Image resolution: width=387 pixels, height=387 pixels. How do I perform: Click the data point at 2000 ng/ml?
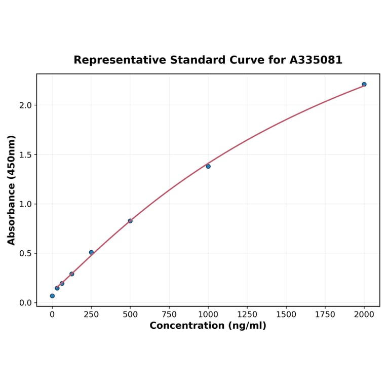(364, 85)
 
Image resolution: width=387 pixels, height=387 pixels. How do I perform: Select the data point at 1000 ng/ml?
(208, 166)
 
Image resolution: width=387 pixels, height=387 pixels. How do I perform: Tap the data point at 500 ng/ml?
(130, 221)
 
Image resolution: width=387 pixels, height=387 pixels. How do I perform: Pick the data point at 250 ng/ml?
(91, 252)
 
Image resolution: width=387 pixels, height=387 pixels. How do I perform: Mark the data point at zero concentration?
(52, 296)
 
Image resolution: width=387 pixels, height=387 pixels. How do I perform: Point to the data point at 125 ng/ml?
(72, 274)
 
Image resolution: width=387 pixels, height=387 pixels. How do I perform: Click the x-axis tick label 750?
(169, 315)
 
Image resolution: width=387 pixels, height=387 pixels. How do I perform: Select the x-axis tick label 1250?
(247, 315)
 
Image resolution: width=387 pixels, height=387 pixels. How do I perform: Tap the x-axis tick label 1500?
(286, 315)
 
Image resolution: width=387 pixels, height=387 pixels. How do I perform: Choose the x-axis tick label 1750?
(325, 315)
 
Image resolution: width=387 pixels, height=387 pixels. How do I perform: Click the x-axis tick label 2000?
(364, 315)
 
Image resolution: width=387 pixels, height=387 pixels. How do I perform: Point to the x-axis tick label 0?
(52, 315)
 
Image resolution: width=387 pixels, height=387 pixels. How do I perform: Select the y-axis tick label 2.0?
(25, 105)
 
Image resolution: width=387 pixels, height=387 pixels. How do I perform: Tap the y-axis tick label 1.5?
(25, 154)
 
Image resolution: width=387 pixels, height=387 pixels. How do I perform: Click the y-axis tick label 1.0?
(25, 204)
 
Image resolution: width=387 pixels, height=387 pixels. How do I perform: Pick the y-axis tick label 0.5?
(25, 253)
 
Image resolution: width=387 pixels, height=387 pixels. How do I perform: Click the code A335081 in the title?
(316, 60)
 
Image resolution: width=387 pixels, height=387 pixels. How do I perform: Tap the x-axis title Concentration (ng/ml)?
(208, 326)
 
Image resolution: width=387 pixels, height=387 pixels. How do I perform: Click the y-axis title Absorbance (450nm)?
(12, 190)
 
